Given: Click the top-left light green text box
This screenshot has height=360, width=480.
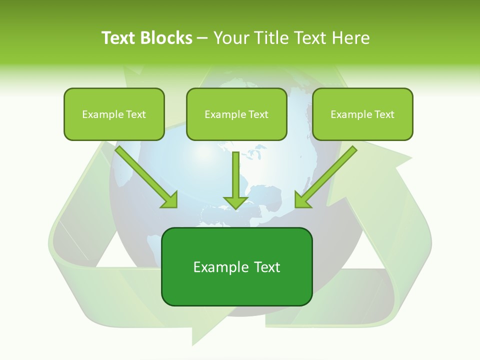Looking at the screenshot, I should click(114, 114).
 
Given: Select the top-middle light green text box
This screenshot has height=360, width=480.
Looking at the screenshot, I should click(236, 114).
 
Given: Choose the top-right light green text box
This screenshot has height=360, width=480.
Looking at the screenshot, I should click(362, 114).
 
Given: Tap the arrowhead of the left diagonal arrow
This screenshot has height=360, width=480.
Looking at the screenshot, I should click(170, 200).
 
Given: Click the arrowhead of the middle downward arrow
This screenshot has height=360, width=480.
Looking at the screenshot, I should click(235, 203).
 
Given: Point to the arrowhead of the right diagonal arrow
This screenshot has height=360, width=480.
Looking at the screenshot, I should click(302, 200).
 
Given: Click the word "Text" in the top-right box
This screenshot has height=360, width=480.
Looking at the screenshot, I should click(384, 114).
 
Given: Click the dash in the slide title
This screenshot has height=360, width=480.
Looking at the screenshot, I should click(202, 38).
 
